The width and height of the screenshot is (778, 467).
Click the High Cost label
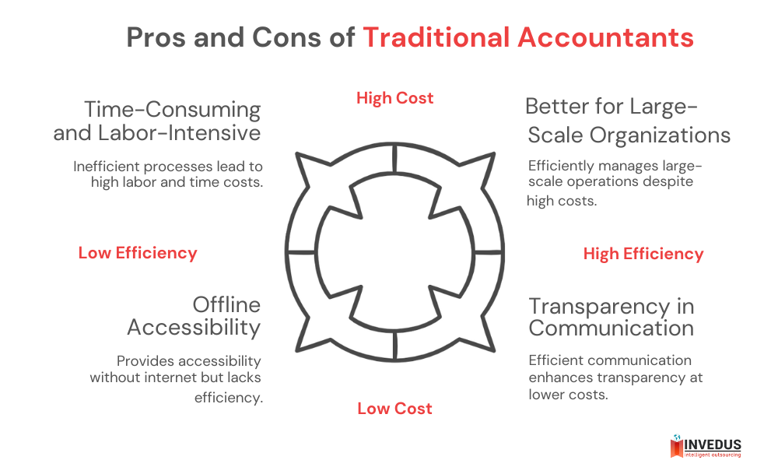(x=394, y=98)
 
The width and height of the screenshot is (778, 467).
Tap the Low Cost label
(x=394, y=409)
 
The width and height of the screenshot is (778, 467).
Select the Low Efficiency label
(x=138, y=253)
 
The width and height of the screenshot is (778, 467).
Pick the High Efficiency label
(x=643, y=254)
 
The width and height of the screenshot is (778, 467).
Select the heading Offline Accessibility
(x=194, y=315)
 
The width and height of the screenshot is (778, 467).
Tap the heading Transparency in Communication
(x=612, y=317)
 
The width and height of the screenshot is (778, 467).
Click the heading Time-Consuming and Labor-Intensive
(x=157, y=121)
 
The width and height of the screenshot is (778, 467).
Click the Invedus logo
(x=705, y=447)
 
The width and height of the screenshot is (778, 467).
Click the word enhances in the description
(x=558, y=377)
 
